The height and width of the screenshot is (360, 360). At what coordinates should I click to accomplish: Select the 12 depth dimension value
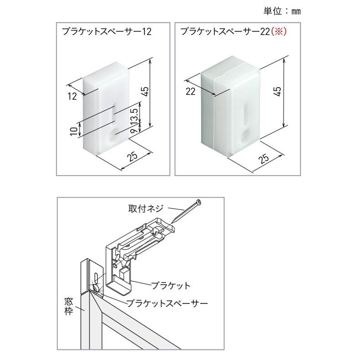(x=72, y=96)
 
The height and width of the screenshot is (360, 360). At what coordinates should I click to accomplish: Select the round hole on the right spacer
(x=247, y=135)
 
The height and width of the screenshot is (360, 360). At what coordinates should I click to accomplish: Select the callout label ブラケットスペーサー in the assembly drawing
(x=167, y=302)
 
